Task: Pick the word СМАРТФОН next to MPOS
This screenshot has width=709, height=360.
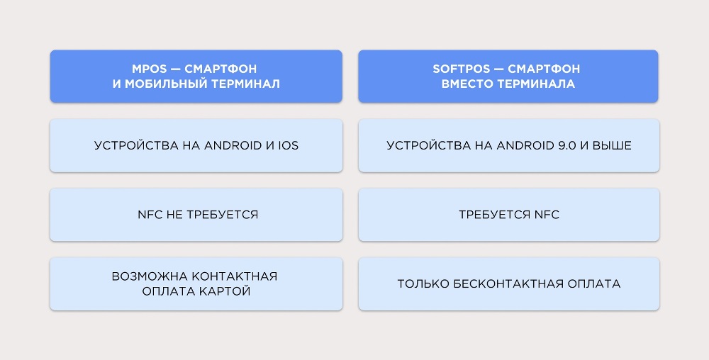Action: tap(220, 69)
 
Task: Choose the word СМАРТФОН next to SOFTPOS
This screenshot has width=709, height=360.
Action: tap(544, 69)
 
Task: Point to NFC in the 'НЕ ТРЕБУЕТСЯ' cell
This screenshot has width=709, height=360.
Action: tap(149, 215)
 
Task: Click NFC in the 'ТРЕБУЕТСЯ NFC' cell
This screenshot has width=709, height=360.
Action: tap(547, 215)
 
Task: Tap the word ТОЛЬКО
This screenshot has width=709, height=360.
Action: tap(423, 284)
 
